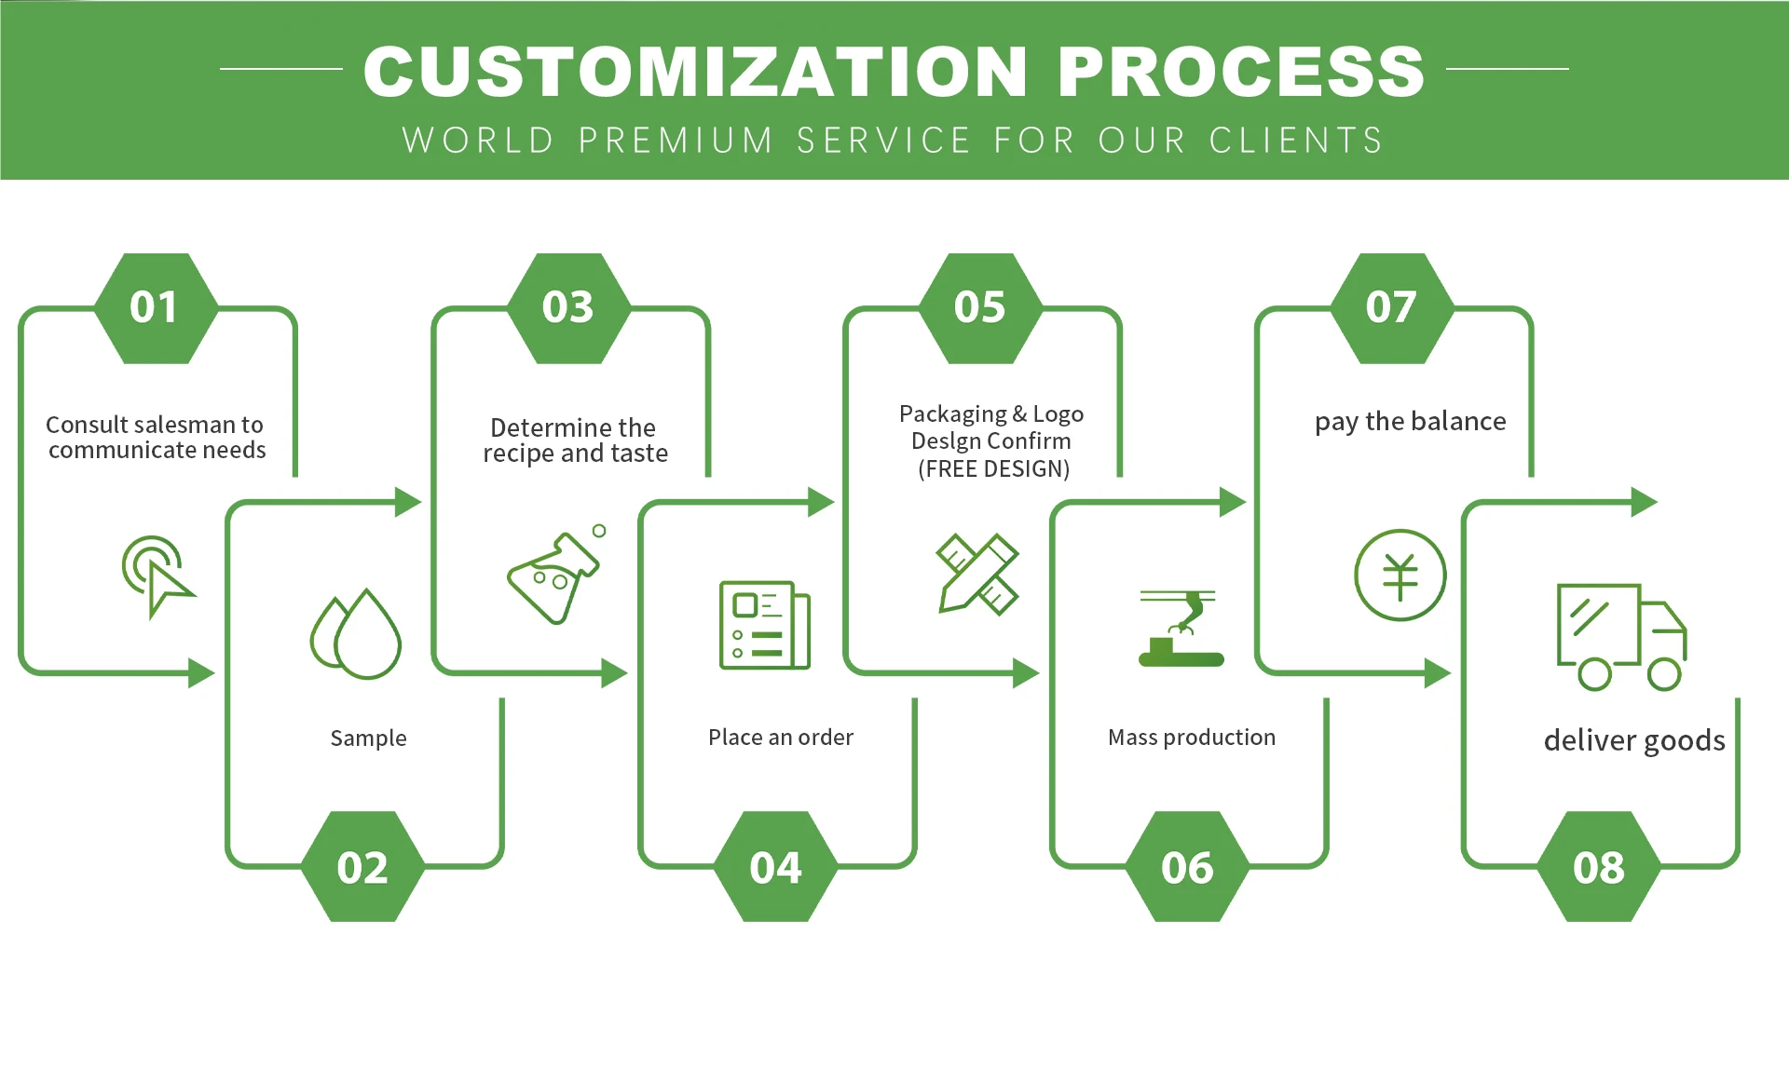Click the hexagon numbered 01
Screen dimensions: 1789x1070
point(156,308)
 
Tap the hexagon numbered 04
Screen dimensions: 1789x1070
point(775,866)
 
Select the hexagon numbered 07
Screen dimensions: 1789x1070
point(1392,308)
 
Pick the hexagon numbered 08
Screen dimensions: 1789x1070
point(1599,866)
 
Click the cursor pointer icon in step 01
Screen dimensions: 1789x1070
point(157,575)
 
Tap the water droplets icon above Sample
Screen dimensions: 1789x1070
point(355,633)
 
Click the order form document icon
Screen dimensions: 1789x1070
point(765,625)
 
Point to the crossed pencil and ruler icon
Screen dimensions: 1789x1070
point(977,574)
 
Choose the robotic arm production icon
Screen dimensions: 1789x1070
point(1181,629)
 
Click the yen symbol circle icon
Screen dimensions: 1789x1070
point(1400,576)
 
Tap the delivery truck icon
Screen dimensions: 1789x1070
point(1621,637)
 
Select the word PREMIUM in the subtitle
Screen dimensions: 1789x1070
point(676,141)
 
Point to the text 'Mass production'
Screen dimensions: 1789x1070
point(1192,738)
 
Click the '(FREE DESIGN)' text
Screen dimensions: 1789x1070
point(993,468)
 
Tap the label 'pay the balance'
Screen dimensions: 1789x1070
point(1410,422)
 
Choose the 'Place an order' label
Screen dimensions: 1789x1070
point(781,738)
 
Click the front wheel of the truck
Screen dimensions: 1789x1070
point(1664,674)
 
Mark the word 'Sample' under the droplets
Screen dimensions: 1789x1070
point(368,738)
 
